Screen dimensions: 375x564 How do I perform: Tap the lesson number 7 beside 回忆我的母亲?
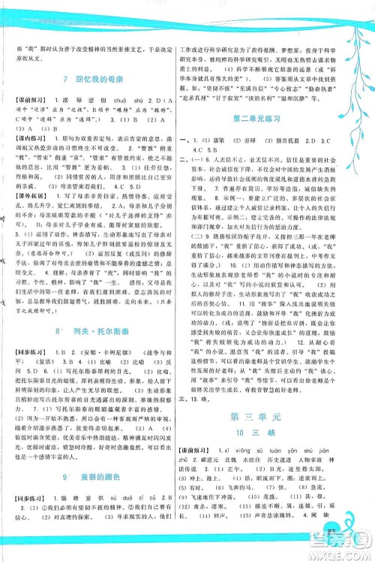point(67,80)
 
